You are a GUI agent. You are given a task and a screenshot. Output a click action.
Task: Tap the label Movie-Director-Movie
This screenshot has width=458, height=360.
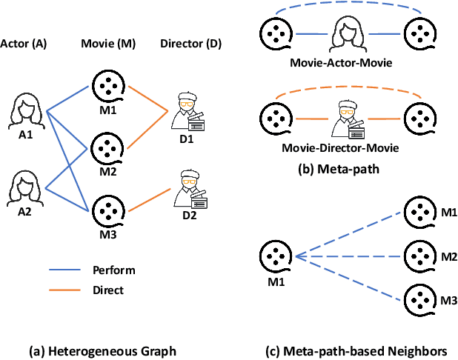[341, 147]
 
